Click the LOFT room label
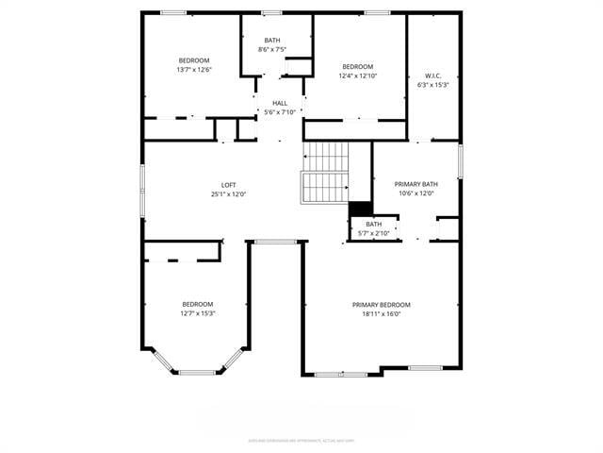(x=229, y=184)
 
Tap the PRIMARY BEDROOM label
(x=382, y=305)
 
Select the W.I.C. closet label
(x=432, y=75)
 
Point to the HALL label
(x=280, y=103)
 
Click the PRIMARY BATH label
(x=416, y=184)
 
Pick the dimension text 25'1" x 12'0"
(x=229, y=193)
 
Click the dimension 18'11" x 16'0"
(x=382, y=314)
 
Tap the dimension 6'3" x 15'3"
(x=432, y=85)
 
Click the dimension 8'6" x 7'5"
(x=271, y=49)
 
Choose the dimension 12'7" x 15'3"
(x=198, y=313)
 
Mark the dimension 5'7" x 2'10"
(x=374, y=232)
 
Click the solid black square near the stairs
(x=360, y=210)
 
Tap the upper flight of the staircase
(x=326, y=154)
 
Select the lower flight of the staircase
(x=324, y=188)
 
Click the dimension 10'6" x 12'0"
(x=416, y=193)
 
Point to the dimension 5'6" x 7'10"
(x=280, y=112)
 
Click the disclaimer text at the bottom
(x=301, y=440)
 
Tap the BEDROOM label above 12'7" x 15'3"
(x=198, y=304)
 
